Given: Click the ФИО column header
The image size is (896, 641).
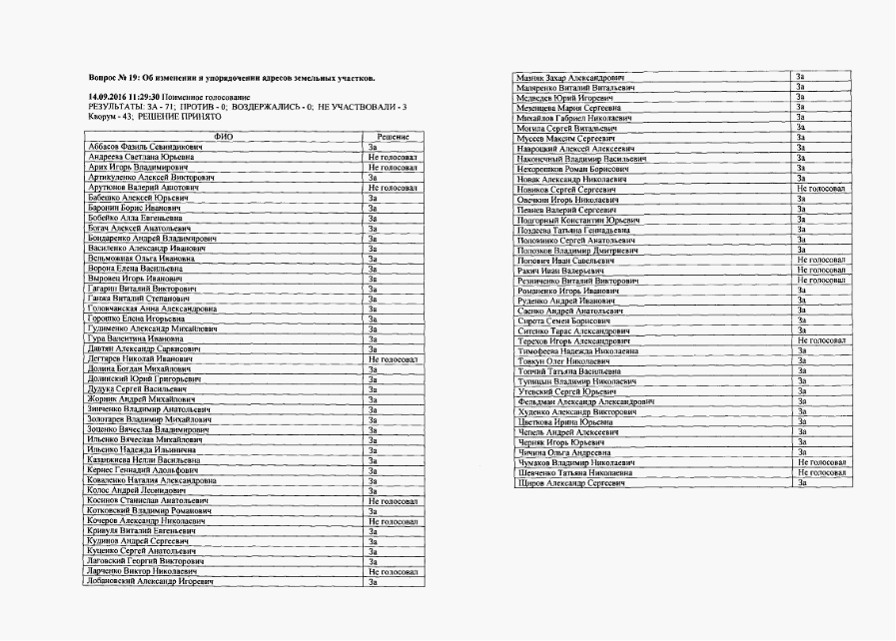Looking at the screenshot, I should [225, 136].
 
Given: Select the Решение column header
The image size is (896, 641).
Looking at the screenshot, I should [392, 136].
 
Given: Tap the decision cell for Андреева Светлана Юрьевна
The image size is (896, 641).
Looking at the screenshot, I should [392, 157].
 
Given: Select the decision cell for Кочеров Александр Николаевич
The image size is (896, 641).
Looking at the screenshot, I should [392, 521].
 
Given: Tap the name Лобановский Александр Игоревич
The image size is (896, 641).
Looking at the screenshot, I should [151, 580].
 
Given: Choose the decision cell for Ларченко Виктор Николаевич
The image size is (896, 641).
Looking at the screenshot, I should [392, 570].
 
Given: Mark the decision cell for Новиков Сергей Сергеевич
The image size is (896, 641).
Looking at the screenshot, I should [821, 188].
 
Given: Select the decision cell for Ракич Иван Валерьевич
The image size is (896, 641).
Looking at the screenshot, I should [821, 270].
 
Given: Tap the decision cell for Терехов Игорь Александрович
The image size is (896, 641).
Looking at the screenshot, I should [821, 340].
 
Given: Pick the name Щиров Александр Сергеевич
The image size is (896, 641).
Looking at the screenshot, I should [568, 483].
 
